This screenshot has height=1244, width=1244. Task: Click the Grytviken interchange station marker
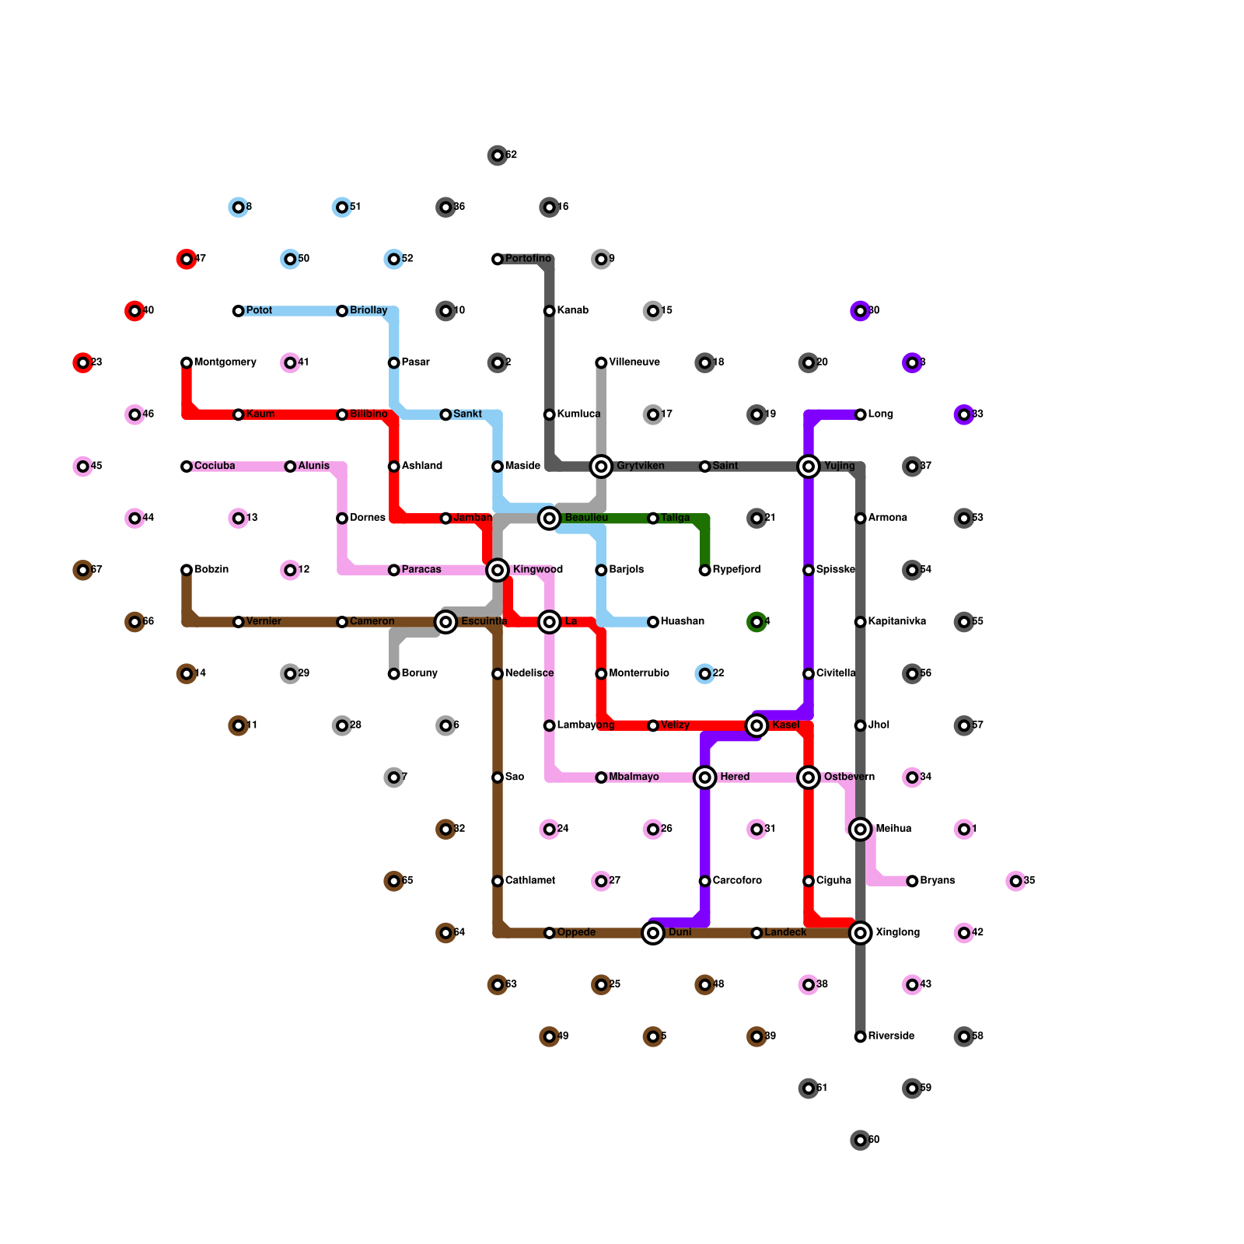601,466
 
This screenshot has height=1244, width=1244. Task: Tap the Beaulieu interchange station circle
550,518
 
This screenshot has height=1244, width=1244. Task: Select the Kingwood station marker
498,571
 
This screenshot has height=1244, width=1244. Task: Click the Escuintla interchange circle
446,622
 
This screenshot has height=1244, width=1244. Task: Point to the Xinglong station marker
860,933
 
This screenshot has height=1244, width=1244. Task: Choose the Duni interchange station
653,933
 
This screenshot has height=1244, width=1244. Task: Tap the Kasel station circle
757,725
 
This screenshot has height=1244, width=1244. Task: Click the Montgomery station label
225,362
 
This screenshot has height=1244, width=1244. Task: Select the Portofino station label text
528,259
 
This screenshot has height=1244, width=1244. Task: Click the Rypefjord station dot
704,571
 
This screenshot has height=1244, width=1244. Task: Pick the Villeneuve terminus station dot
601,362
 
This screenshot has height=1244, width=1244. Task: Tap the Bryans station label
937,881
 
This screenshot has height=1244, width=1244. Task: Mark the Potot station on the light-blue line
238,311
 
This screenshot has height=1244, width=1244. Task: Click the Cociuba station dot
187,466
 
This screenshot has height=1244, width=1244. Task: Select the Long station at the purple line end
860,414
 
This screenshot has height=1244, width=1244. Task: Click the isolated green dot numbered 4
757,622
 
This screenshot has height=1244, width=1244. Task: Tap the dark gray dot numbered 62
498,155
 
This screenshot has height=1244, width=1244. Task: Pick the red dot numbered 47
187,259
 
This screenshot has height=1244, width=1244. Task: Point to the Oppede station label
576,933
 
